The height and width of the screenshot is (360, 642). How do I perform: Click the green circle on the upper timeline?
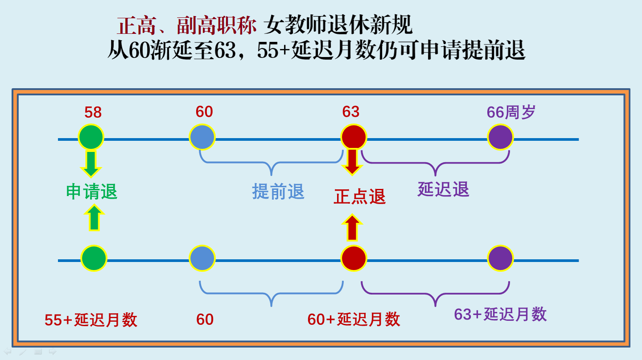(91, 137)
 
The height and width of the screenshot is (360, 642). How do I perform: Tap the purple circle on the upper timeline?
(500, 137)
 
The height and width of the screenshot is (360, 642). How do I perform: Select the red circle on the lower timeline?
(354, 258)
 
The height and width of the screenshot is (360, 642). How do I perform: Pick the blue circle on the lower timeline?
(202, 258)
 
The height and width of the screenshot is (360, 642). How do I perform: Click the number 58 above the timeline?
(93, 112)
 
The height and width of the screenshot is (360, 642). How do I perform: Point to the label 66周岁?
(511, 112)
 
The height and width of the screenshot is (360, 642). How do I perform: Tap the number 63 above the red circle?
(351, 112)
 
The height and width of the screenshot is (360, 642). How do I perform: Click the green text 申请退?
(92, 192)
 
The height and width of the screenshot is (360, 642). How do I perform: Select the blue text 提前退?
(278, 191)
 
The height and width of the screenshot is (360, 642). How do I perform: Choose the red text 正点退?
(360, 196)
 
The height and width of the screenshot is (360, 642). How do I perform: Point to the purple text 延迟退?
(443, 189)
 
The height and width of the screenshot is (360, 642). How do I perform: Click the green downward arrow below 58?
(91, 164)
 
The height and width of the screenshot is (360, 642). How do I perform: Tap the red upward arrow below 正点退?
(352, 228)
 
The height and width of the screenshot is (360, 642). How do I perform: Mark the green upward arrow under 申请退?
(94, 218)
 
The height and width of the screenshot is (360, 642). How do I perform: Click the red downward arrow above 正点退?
(352, 162)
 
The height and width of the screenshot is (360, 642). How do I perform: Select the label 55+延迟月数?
(91, 320)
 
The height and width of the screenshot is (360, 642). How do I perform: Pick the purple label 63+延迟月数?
(500, 314)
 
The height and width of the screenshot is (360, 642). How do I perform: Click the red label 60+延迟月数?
(354, 319)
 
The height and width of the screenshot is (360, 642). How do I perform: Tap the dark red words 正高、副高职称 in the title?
(186, 26)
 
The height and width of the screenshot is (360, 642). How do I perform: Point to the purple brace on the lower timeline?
(435, 294)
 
